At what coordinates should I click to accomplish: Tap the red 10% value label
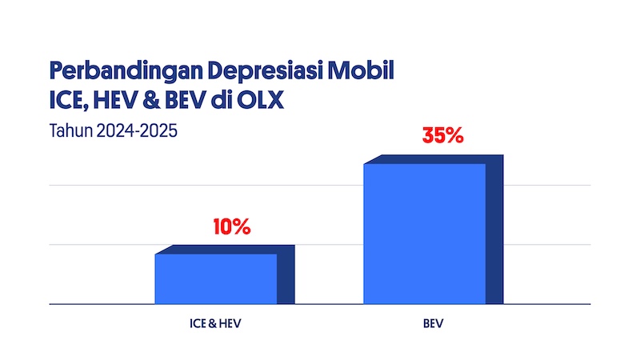[x=232, y=226]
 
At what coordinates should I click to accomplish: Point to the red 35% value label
[x=443, y=135]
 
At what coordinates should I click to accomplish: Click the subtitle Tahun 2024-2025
[x=112, y=129]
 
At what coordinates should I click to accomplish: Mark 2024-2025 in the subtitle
[x=134, y=129]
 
